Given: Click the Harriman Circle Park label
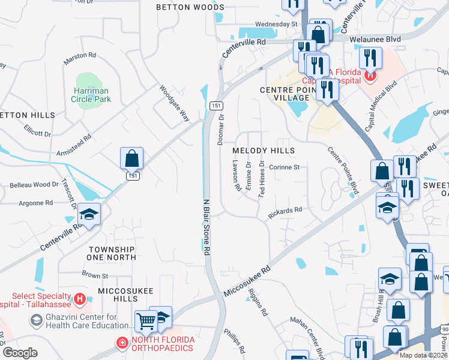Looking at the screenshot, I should [92, 95].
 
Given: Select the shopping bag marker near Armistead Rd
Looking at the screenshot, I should [131, 159].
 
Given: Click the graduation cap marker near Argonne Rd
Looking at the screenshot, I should [89, 215].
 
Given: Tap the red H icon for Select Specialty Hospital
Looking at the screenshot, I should [79, 298].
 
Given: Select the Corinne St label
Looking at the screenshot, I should [284, 167].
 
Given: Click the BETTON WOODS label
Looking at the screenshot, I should [182, 7].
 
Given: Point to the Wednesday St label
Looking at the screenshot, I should [276, 24].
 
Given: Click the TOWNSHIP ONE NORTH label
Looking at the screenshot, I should [112, 253].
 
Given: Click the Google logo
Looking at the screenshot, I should [20, 352].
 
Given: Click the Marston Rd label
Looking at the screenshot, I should [80, 55].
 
